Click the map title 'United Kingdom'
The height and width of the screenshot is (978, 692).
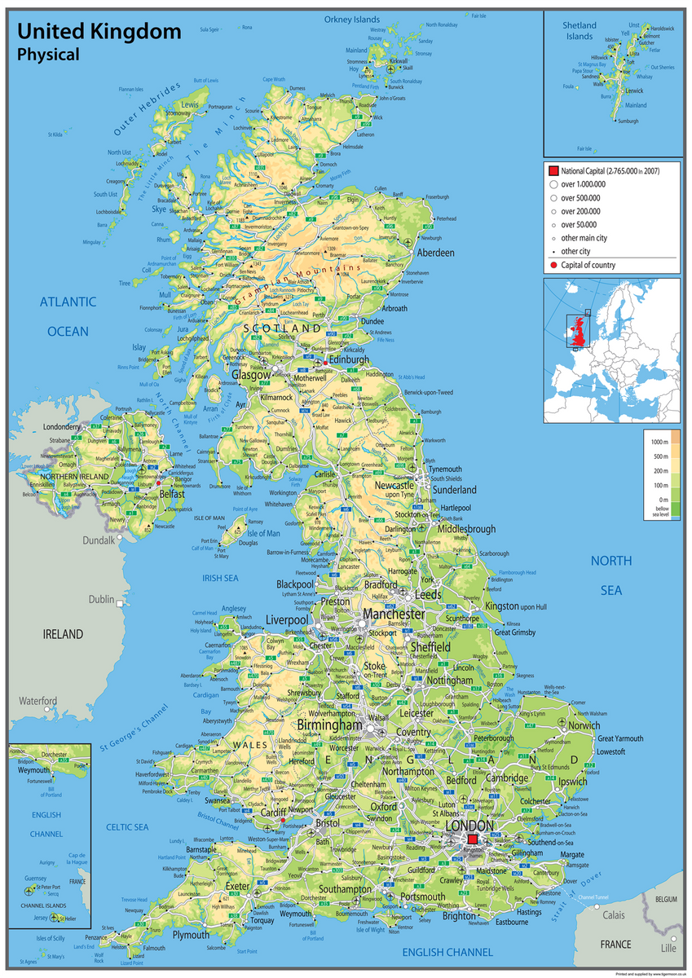tap(99, 32)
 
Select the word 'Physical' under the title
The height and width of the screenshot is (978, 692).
tap(48, 55)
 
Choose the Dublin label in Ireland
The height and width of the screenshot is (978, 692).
tap(101, 599)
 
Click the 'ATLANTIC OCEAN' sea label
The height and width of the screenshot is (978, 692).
tap(68, 316)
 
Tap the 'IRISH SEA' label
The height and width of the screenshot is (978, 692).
tap(220, 578)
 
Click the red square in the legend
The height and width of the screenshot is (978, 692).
tap(553, 171)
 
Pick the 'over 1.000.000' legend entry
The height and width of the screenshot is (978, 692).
tap(580, 184)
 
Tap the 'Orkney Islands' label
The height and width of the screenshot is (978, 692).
tap(352, 19)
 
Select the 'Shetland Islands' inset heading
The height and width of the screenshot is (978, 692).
tap(580, 31)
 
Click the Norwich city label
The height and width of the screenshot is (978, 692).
tap(584, 725)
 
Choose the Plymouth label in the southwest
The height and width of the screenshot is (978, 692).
tap(190, 935)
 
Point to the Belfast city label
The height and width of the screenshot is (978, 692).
tap(172, 494)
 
